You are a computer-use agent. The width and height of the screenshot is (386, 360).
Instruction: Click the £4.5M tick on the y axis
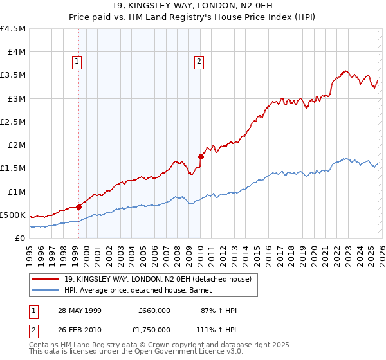tap(13, 29)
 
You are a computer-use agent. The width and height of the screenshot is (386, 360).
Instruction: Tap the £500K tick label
tap(12, 215)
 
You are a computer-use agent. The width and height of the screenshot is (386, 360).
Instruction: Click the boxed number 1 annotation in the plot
tap(77, 62)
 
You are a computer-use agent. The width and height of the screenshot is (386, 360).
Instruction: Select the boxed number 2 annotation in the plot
tap(199, 62)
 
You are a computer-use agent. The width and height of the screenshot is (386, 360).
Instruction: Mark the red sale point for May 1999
tap(79, 207)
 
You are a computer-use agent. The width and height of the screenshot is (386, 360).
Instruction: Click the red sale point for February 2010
tap(201, 156)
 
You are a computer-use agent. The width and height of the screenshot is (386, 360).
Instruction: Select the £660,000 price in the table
tap(154, 310)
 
